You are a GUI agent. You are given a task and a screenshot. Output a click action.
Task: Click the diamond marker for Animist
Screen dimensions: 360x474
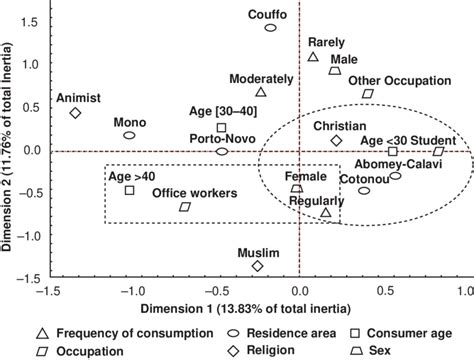(x=75, y=113)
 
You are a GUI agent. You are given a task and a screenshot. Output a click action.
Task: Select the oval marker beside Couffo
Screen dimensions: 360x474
(x=270, y=28)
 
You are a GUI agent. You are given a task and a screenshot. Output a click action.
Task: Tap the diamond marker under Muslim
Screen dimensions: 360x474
(x=258, y=266)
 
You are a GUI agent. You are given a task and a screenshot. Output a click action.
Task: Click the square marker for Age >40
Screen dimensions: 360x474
(x=130, y=189)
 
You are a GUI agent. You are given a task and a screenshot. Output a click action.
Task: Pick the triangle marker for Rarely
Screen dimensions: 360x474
(x=313, y=57)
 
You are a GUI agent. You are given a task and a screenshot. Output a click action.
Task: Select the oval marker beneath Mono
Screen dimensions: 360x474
(x=130, y=135)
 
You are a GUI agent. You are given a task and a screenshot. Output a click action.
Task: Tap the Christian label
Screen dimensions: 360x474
(x=339, y=126)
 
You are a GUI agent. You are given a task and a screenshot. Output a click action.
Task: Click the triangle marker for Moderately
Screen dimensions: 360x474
(x=260, y=92)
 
